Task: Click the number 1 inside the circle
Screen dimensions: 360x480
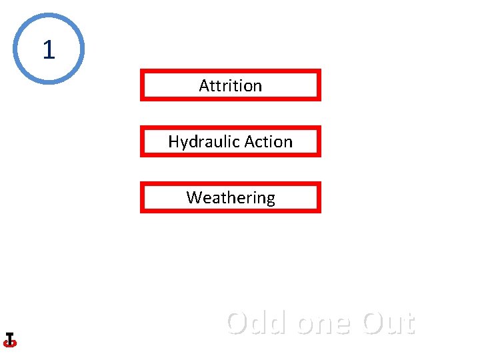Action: (x=48, y=49)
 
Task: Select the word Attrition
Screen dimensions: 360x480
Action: (x=230, y=85)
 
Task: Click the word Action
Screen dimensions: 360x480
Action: (x=268, y=141)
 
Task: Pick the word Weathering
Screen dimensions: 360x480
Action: (x=230, y=198)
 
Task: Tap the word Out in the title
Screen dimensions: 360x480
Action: (x=388, y=323)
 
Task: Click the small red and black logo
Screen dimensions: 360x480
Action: (x=9, y=340)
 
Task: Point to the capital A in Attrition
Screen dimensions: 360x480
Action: (x=204, y=85)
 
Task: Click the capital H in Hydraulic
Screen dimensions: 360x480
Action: (x=173, y=141)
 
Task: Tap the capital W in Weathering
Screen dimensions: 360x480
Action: (x=194, y=197)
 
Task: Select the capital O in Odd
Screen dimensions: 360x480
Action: (x=238, y=323)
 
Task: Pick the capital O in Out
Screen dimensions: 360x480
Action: (x=373, y=323)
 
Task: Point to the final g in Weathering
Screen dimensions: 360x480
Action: (x=269, y=199)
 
